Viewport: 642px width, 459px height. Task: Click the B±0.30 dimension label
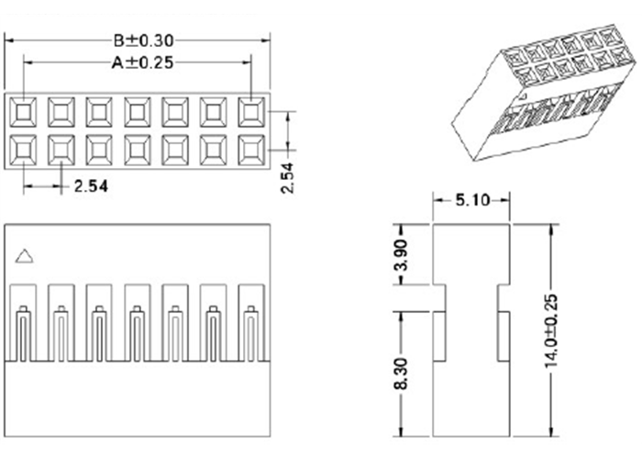(143, 39)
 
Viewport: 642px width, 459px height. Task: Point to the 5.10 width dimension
(471, 199)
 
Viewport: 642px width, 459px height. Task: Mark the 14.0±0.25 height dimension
(549, 331)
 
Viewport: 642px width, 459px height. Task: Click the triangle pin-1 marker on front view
(26, 257)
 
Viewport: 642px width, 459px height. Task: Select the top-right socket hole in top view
(251, 111)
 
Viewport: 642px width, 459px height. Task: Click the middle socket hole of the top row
(137, 111)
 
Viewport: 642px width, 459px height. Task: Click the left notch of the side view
(438, 298)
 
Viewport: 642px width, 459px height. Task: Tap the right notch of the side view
(504, 298)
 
